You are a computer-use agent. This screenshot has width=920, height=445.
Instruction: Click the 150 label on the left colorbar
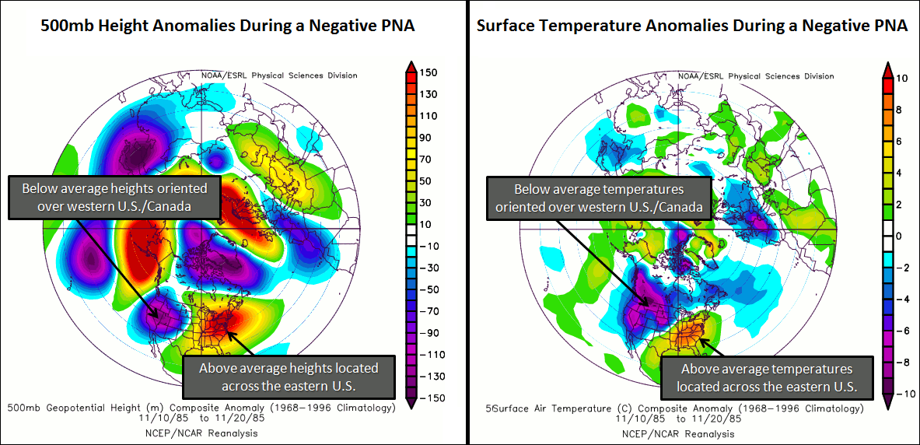click(x=429, y=72)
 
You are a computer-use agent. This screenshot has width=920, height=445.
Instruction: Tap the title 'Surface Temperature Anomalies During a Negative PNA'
click(x=691, y=26)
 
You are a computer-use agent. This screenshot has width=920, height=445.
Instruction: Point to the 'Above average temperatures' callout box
click(x=767, y=377)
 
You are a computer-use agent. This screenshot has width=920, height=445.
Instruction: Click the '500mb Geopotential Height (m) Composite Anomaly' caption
click(x=201, y=407)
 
